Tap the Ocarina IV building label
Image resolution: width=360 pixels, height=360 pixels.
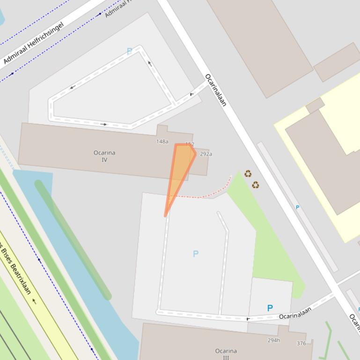(104, 156)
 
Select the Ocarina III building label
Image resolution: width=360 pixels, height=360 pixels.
(226, 354)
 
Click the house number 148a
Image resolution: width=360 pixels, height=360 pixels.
(162, 141)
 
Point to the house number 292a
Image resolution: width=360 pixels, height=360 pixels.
(206, 154)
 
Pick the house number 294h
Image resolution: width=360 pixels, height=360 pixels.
(274, 340)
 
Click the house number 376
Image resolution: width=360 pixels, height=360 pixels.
(301, 344)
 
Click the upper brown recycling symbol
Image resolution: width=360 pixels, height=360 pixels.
(248, 174)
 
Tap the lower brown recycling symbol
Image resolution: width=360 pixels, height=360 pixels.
(255, 185)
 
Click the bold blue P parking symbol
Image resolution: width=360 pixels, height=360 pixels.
(270, 308)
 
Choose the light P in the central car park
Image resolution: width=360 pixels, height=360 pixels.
(196, 254)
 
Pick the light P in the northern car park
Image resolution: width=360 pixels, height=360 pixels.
(129, 52)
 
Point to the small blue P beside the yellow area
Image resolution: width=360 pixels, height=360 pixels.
(297, 207)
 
